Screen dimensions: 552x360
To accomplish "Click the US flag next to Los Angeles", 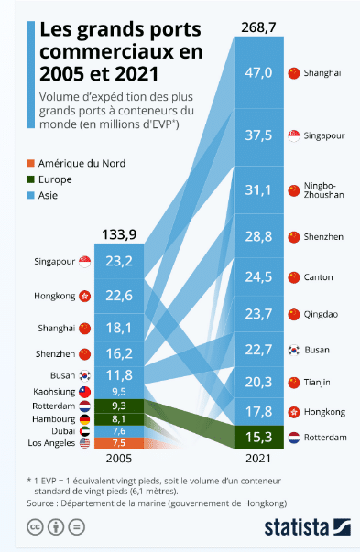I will coord(85,444).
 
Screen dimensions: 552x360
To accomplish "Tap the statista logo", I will coord(307,527).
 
